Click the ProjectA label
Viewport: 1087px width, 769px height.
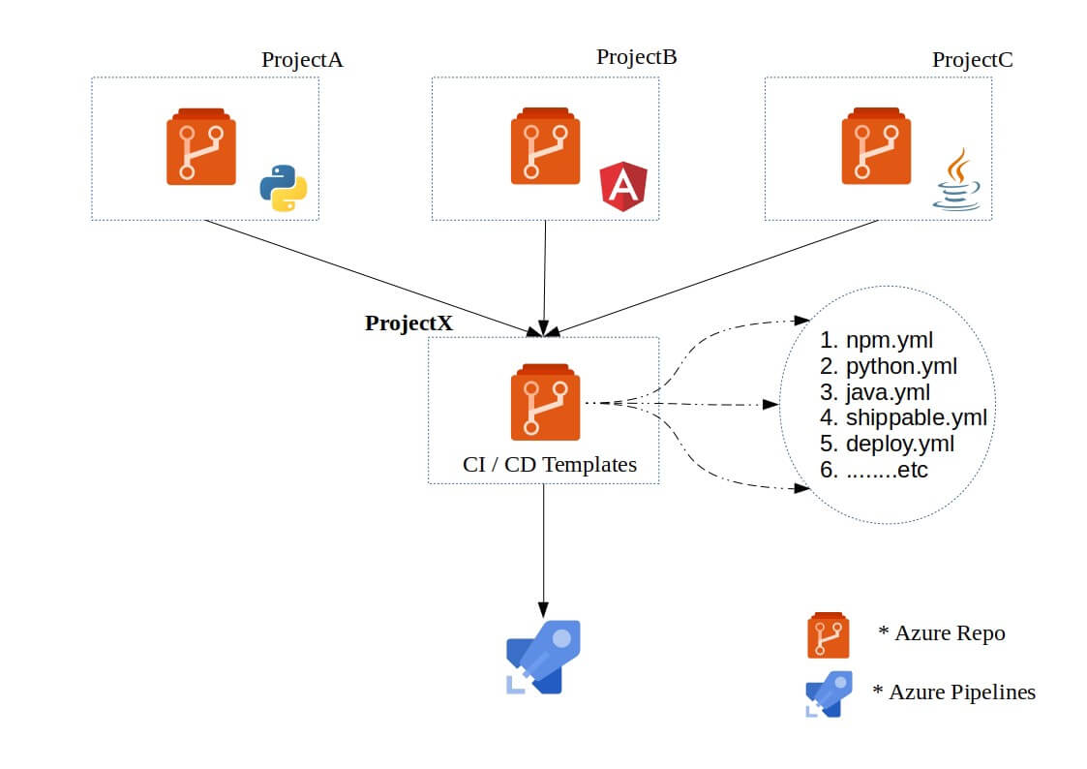[302, 60]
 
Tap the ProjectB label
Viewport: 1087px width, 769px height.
[636, 57]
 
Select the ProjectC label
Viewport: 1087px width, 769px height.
[972, 60]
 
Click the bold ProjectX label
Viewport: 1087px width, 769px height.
[409, 323]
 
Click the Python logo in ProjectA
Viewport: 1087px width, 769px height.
[284, 188]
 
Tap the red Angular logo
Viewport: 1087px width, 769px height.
[623, 187]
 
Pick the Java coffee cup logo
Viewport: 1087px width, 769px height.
[957, 179]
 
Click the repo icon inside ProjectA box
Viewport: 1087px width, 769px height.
[201, 146]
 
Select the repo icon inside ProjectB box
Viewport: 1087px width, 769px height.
[546, 145]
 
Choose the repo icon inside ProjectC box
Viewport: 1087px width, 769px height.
[876, 145]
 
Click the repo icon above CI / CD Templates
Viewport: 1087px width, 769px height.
[546, 402]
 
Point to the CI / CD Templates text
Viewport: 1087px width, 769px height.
[550, 465]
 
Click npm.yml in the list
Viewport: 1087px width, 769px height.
[890, 340]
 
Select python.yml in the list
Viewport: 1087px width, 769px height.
[901, 366]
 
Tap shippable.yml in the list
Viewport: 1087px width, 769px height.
[917, 417]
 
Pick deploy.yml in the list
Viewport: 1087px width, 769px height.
[900, 444]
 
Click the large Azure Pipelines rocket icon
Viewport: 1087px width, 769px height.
[544, 657]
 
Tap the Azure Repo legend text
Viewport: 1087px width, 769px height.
[942, 633]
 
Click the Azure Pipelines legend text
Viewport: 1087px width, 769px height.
[953, 692]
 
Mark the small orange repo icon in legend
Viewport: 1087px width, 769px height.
[829, 635]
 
